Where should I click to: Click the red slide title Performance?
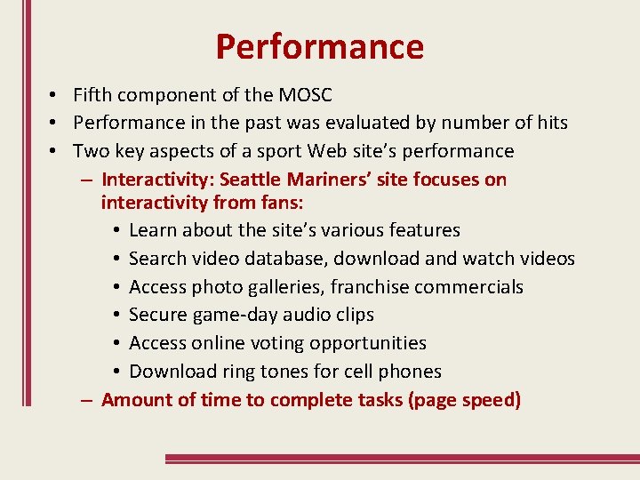319,46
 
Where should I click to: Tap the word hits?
550,123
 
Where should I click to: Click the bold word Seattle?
259,180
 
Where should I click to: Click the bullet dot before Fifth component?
55,95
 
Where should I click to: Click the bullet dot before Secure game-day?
117,316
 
